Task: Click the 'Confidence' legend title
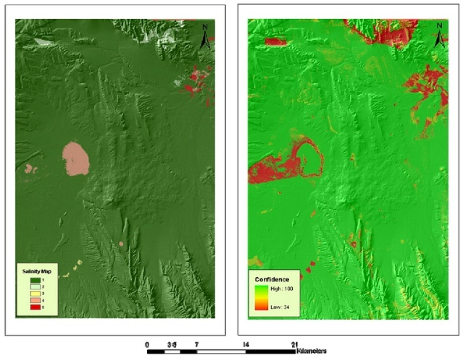[272, 279]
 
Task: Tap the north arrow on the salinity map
[205, 37]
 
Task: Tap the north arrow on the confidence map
[439, 36]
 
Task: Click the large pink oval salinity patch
[76, 158]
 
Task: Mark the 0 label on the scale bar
[148, 345]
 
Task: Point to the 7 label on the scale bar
[197, 345]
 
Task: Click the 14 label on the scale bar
[246, 345]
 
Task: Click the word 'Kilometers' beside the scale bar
[311, 351]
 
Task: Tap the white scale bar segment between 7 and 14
[221, 351]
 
